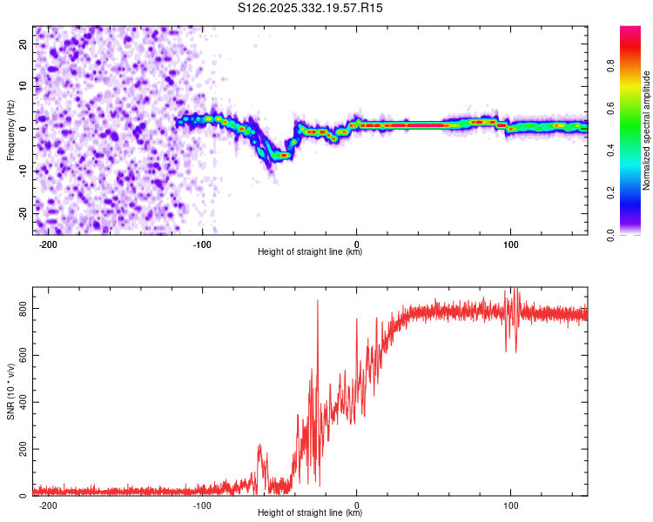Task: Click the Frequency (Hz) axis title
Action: [x=10, y=130]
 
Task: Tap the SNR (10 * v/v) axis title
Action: [x=10, y=391]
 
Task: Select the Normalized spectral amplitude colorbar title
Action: [x=646, y=130]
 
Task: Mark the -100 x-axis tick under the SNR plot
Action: [x=203, y=504]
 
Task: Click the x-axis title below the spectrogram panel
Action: [x=310, y=252]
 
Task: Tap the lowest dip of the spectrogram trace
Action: [x=282, y=155]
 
